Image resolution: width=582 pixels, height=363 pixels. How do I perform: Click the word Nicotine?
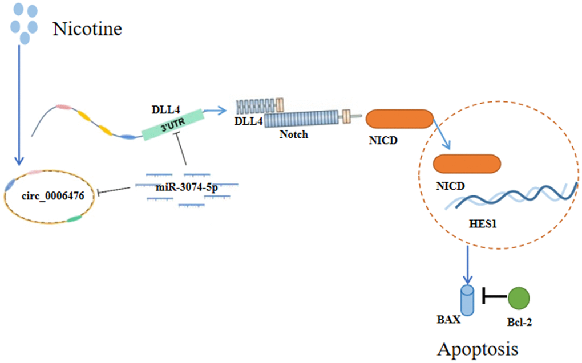click(87, 28)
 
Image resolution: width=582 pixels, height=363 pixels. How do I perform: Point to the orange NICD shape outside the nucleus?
click(399, 119)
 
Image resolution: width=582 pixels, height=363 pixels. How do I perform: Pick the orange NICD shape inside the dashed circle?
click(467, 164)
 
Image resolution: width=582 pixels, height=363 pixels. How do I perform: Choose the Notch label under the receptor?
click(294, 134)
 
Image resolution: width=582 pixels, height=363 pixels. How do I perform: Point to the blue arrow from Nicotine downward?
click(20, 103)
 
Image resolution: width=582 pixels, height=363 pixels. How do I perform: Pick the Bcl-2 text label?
click(519, 322)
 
